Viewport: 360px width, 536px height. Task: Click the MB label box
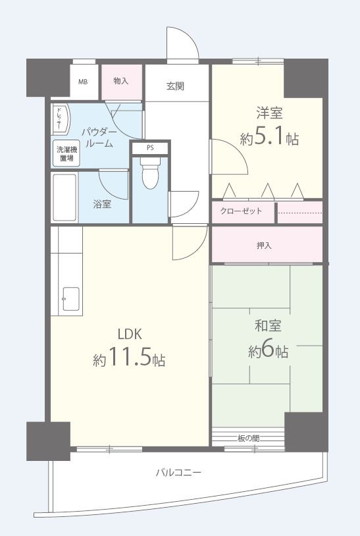coord(84,82)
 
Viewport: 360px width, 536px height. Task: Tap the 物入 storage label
coord(120,81)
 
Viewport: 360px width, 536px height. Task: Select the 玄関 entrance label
coord(175,85)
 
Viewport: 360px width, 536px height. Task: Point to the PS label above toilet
coord(150,148)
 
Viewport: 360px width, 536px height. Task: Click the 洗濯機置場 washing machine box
coord(66,154)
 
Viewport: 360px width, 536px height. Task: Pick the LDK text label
coord(130,333)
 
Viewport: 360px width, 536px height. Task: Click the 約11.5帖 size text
coord(129,360)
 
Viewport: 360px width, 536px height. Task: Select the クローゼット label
coord(241,211)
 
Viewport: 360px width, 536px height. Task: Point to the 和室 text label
coord(268,325)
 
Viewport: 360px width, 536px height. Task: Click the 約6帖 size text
coord(268,351)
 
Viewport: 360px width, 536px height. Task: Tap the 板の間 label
coord(248,438)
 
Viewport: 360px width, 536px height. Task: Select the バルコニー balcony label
coord(178,472)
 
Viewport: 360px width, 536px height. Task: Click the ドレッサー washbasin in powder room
coord(59,119)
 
